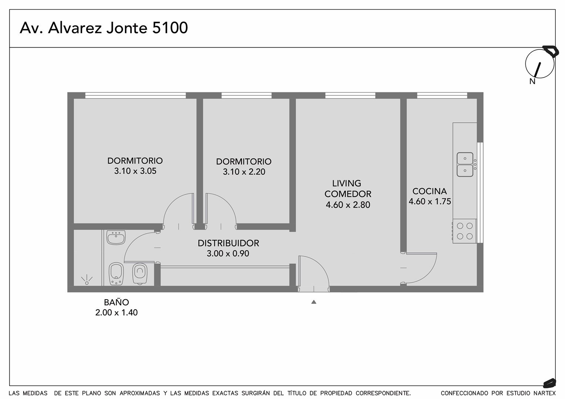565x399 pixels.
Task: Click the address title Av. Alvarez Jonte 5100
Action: pyautogui.click(x=104, y=28)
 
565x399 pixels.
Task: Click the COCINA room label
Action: pyautogui.click(x=430, y=191)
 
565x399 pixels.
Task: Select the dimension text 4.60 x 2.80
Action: pyautogui.click(x=348, y=205)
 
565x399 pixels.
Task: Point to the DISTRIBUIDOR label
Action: pyautogui.click(x=228, y=243)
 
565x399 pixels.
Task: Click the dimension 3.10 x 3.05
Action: pyautogui.click(x=135, y=171)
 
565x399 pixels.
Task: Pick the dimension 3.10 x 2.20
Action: pyautogui.click(x=244, y=172)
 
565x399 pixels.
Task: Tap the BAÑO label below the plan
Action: pyautogui.click(x=116, y=302)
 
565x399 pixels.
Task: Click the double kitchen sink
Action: pyautogui.click(x=465, y=164)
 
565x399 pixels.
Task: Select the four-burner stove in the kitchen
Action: pyautogui.click(x=465, y=231)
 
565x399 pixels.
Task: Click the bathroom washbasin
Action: pyautogui.click(x=116, y=238)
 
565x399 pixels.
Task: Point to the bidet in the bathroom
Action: pyautogui.click(x=116, y=274)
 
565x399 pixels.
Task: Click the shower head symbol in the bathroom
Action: pyautogui.click(x=87, y=280)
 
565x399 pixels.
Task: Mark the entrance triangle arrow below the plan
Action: pyautogui.click(x=314, y=302)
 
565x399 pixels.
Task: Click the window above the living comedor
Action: pyautogui.click(x=350, y=96)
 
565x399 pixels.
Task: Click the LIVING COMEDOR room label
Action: pyautogui.click(x=348, y=188)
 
